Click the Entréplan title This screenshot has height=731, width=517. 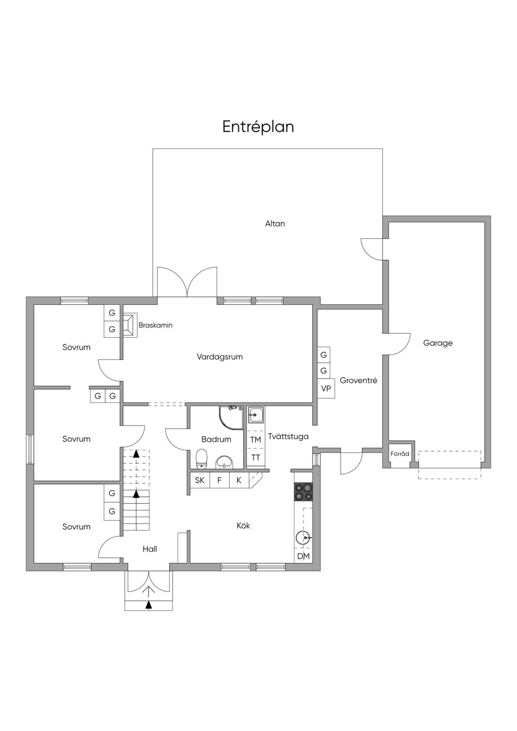(x=258, y=127)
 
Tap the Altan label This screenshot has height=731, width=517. (x=275, y=224)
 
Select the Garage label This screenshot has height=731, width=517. (x=438, y=343)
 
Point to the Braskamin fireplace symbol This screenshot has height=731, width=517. (x=130, y=325)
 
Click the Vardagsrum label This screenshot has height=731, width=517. (x=220, y=357)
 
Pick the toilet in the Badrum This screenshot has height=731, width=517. (x=202, y=459)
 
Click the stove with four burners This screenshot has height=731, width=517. (x=303, y=492)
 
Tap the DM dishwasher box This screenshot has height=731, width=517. (x=303, y=556)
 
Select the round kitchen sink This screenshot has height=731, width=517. (x=303, y=537)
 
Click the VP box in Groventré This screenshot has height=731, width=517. (x=326, y=388)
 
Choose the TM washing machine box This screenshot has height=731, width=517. (x=255, y=440)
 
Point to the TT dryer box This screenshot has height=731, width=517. (x=255, y=457)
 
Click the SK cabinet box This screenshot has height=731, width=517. (x=200, y=480)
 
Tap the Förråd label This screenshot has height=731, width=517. (x=400, y=454)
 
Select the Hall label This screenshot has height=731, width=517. (x=150, y=549)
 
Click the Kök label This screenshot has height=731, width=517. (x=243, y=526)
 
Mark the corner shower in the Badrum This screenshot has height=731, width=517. (x=231, y=418)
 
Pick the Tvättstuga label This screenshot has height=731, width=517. (x=288, y=436)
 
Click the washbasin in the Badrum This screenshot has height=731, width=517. (x=224, y=462)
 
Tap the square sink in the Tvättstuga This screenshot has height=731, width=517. (x=255, y=415)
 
